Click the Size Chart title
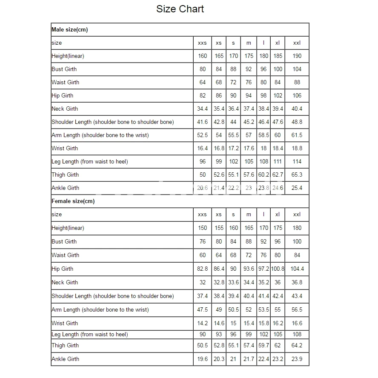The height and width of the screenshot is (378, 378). click(180, 9)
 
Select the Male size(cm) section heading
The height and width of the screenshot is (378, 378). click(70, 29)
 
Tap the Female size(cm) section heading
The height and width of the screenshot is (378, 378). click(73, 201)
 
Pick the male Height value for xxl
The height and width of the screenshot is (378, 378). click(297, 56)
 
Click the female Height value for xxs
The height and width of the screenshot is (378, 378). click(203, 228)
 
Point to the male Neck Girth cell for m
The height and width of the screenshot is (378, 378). click(249, 109)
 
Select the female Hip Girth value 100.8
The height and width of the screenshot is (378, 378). click(278, 269)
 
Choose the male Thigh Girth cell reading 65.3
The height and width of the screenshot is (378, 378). click(297, 175)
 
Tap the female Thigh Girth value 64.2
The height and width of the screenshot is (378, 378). click(297, 345)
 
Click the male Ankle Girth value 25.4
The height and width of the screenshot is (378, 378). click(297, 188)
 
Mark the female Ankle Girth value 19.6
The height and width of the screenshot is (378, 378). click(203, 359)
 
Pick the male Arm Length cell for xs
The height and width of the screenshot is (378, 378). click(219, 135)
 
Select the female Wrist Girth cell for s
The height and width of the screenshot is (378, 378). click(233, 323)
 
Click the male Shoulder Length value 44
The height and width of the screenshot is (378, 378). click(233, 122)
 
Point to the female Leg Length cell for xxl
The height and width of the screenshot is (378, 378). click(297, 334)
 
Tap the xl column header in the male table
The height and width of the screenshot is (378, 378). click(278, 43)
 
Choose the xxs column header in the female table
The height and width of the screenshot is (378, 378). click(203, 215)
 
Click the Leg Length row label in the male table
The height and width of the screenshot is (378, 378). click(90, 161)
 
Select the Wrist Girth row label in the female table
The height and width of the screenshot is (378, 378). click(65, 323)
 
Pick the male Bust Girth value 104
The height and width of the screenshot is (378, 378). click(297, 69)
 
